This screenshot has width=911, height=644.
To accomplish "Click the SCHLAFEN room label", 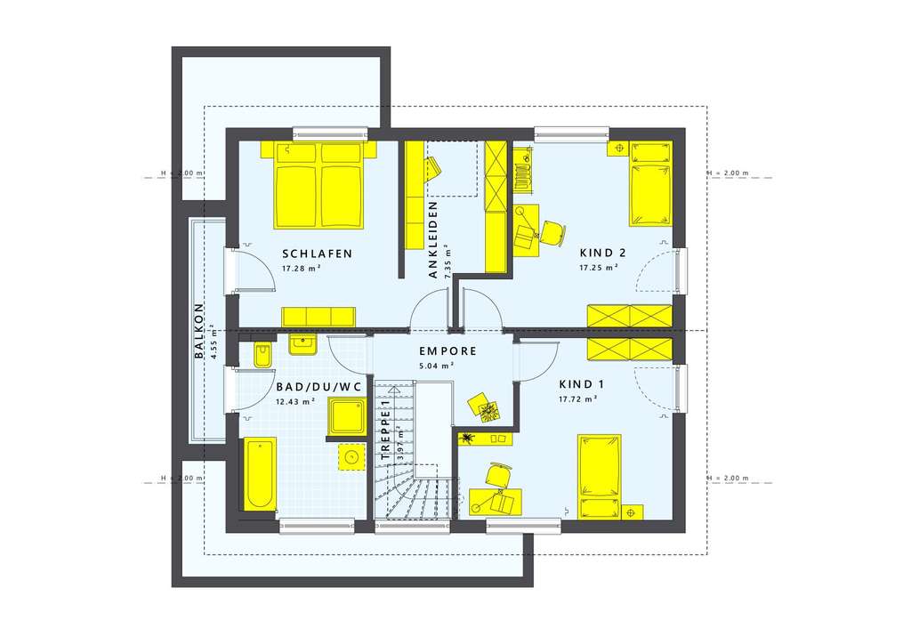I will click(x=317, y=254).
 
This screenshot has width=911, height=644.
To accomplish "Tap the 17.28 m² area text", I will click(x=301, y=268).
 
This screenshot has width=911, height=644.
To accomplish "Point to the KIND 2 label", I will click(x=602, y=253).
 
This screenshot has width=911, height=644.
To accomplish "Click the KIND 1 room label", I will click(x=581, y=384).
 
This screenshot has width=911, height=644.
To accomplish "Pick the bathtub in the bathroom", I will click(x=260, y=473).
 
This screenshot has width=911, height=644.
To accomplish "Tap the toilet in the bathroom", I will click(x=262, y=356).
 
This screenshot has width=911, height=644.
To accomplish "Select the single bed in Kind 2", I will click(x=650, y=183).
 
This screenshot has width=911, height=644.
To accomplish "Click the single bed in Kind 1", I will click(x=598, y=476).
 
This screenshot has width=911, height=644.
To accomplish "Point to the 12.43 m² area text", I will click(x=295, y=401).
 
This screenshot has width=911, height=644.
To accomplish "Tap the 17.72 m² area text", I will click(x=576, y=399).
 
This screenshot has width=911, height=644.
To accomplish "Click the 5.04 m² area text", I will click(x=437, y=366).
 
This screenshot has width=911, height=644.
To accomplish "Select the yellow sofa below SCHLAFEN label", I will click(x=318, y=317).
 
